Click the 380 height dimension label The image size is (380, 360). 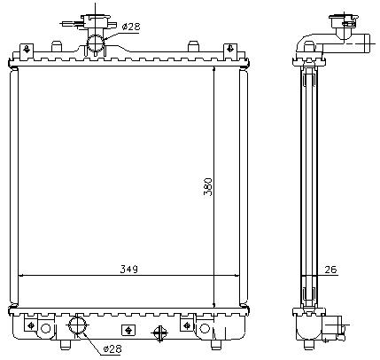pos(208,187)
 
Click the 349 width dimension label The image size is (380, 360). pos(128,270)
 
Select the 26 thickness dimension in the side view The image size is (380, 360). pos(330,270)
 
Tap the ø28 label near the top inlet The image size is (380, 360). pos(131,27)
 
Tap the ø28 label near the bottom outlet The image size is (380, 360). pos(112,349)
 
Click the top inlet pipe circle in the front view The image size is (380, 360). pos(96,43)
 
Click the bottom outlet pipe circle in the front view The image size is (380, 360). pos(78,325)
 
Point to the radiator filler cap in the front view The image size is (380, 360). pos(96,21)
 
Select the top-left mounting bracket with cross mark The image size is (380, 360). pos(27,49)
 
